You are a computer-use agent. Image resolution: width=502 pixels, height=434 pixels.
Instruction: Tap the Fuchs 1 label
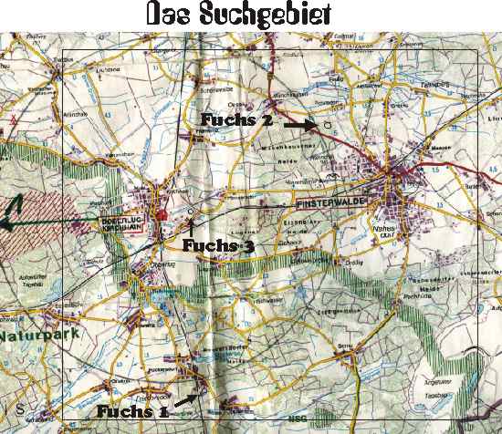[x=133, y=410]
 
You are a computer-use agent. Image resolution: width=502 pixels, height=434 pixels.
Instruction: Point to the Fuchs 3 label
[x=219, y=245]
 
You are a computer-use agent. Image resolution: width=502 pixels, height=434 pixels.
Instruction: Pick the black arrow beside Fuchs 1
[x=185, y=399]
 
